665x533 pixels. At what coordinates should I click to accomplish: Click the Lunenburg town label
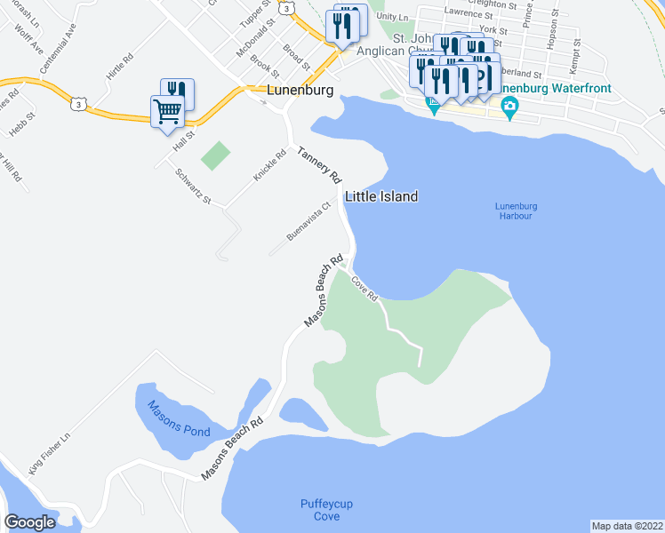point(300,91)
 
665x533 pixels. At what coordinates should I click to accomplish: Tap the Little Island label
point(381,196)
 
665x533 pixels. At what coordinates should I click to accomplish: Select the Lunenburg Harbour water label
point(514,211)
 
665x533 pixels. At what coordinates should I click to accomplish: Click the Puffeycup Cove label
point(326,510)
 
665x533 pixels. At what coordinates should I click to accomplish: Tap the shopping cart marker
point(167,112)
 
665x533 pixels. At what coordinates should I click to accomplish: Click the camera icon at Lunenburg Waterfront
point(509,107)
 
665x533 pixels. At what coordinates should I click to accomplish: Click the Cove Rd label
point(365,288)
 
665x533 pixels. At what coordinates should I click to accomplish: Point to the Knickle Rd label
point(269,166)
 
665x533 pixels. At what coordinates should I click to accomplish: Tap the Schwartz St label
point(193,187)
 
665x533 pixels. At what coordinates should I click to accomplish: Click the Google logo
point(30,522)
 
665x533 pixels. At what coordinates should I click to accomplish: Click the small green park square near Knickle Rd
point(214,156)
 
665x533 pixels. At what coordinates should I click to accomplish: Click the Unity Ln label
point(392,16)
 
